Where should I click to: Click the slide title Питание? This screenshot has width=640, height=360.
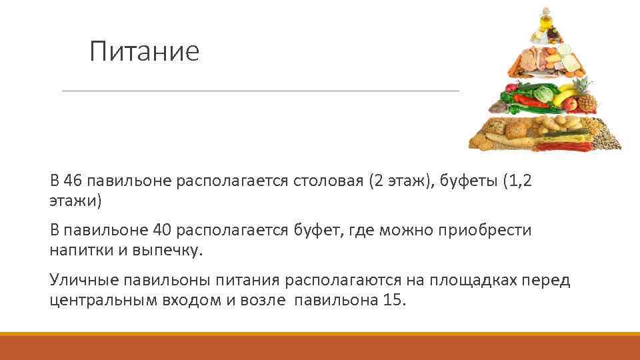coord(145,51)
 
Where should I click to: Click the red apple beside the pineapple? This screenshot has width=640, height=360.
coord(571,104)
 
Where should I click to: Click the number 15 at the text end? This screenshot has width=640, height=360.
coord(393,299)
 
